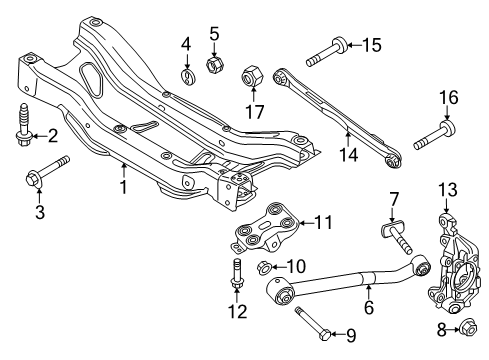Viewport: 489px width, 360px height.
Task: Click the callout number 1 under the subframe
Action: click(122, 186)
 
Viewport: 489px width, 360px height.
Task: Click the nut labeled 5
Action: click(213, 64)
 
